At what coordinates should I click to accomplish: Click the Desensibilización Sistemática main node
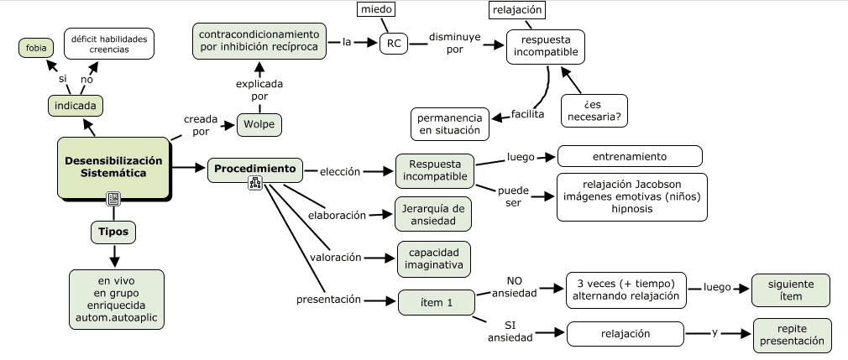pyautogui.click(x=113, y=166)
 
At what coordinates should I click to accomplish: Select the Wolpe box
pyautogui.click(x=259, y=126)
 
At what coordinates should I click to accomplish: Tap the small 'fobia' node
pyautogui.click(x=36, y=48)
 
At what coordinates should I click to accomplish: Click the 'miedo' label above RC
pyautogui.click(x=375, y=9)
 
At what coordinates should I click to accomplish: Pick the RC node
pyautogui.click(x=392, y=44)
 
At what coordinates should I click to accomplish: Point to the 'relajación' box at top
pyautogui.click(x=517, y=10)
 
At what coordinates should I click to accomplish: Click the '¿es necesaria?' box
pyautogui.click(x=594, y=110)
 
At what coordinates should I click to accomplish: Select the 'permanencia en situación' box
pyautogui.click(x=449, y=124)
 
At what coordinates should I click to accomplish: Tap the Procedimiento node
pyautogui.click(x=255, y=170)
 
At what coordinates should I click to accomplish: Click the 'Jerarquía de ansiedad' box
pyautogui.click(x=432, y=215)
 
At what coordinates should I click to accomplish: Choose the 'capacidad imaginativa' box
pyautogui.click(x=433, y=258)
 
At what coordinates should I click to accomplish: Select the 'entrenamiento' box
pyautogui.click(x=630, y=156)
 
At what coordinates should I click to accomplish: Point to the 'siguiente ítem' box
pyautogui.click(x=789, y=290)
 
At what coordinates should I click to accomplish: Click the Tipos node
pyautogui.click(x=113, y=232)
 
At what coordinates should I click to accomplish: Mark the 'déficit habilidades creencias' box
pyautogui.click(x=109, y=44)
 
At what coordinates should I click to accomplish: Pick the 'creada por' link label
pyautogui.click(x=201, y=126)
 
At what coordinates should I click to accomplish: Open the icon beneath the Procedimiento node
pyautogui.click(x=255, y=184)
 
